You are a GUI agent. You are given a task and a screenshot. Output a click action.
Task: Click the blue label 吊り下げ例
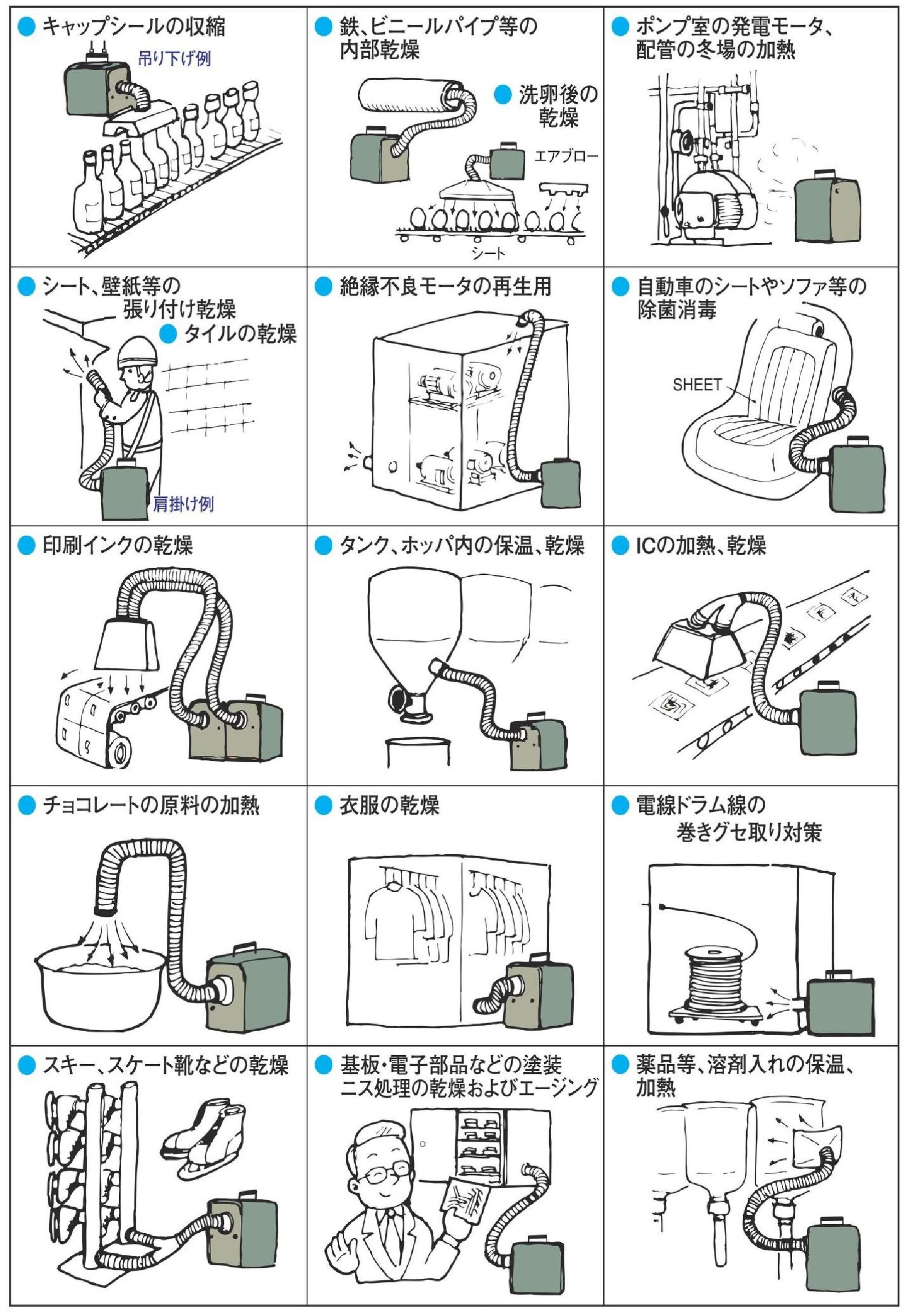(x=175, y=58)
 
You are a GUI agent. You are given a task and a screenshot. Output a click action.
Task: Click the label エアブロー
(x=566, y=156)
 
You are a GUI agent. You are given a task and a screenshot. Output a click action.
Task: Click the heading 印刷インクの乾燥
(x=118, y=545)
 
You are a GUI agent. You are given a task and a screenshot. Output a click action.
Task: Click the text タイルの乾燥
(x=240, y=334)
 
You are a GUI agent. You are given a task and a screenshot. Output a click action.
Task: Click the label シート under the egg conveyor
(x=488, y=253)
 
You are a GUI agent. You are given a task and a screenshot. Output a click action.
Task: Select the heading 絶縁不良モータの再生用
(x=445, y=286)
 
